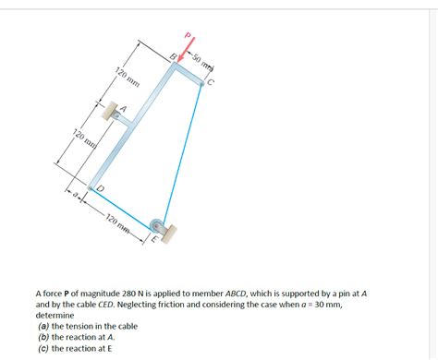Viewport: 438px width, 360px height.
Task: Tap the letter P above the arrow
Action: (189, 36)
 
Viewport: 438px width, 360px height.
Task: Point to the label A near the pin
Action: (122, 108)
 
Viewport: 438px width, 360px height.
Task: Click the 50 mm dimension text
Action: (201, 63)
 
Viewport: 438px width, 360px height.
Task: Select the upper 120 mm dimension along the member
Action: (127, 79)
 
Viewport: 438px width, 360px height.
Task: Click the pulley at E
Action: (159, 227)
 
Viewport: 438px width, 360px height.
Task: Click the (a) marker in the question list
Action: (43, 326)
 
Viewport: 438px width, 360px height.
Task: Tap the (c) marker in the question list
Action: (43, 349)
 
